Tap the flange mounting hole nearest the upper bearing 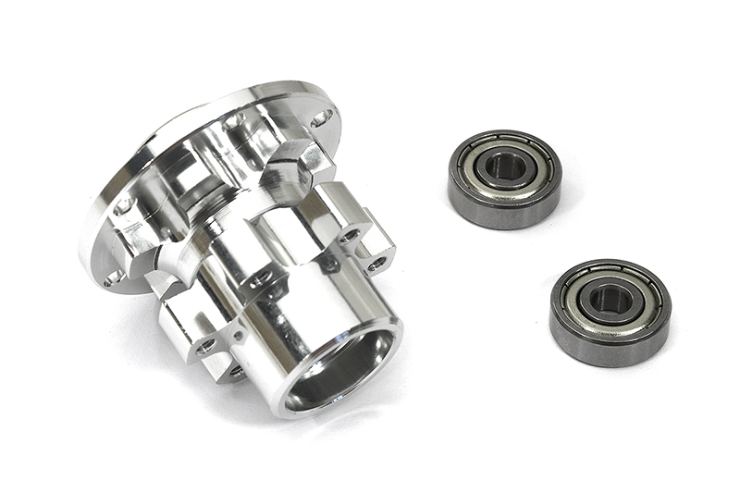[321, 118]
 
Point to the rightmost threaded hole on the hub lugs [376, 265]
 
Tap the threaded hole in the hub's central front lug [260, 275]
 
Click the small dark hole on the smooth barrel [328, 265]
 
